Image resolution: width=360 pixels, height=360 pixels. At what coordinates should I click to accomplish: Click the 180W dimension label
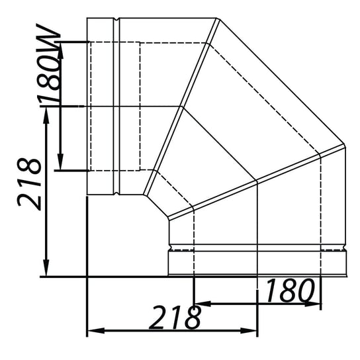pos(50,73)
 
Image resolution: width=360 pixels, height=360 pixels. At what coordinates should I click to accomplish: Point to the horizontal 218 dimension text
pos(174,318)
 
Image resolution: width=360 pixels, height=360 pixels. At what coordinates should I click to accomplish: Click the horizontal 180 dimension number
pos(288,290)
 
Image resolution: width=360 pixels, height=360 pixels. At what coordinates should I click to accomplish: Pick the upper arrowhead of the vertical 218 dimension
pos(46,110)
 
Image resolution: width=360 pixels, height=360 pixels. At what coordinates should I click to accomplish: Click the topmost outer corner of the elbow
pos(217,19)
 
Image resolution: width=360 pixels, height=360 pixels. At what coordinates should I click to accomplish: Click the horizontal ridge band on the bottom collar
pos(257,250)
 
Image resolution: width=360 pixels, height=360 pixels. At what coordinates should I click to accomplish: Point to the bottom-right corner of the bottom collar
pos(345,275)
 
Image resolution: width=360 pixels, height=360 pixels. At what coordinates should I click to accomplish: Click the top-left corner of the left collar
pos(88,19)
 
